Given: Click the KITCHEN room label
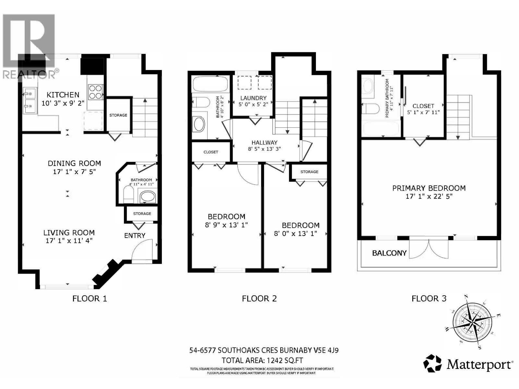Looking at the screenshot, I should [x=63, y=95].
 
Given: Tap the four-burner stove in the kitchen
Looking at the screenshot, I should [x=96, y=91].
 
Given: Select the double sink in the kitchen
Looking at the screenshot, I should [x=30, y=100].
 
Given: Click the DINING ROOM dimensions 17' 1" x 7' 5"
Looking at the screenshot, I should [x=75, y=171].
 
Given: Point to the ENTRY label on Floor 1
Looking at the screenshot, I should [x=135, y=235].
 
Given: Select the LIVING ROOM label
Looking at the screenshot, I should [x=69, y=232].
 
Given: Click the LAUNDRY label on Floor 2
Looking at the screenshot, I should [x=253, y=98].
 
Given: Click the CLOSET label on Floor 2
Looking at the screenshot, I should [x=211, y=152].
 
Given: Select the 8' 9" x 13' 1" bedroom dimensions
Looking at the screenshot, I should [x=226, y=225].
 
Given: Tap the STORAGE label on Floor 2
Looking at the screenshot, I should [x=309, y=172].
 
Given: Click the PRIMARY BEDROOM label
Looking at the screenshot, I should [x=429, y=188].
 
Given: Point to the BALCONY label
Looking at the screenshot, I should [x=389, y=253].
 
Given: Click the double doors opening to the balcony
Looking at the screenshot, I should [x=429, y=249].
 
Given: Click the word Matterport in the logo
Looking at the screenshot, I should [x=479, y=365].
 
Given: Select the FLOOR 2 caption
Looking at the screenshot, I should [x=259, y=299].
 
